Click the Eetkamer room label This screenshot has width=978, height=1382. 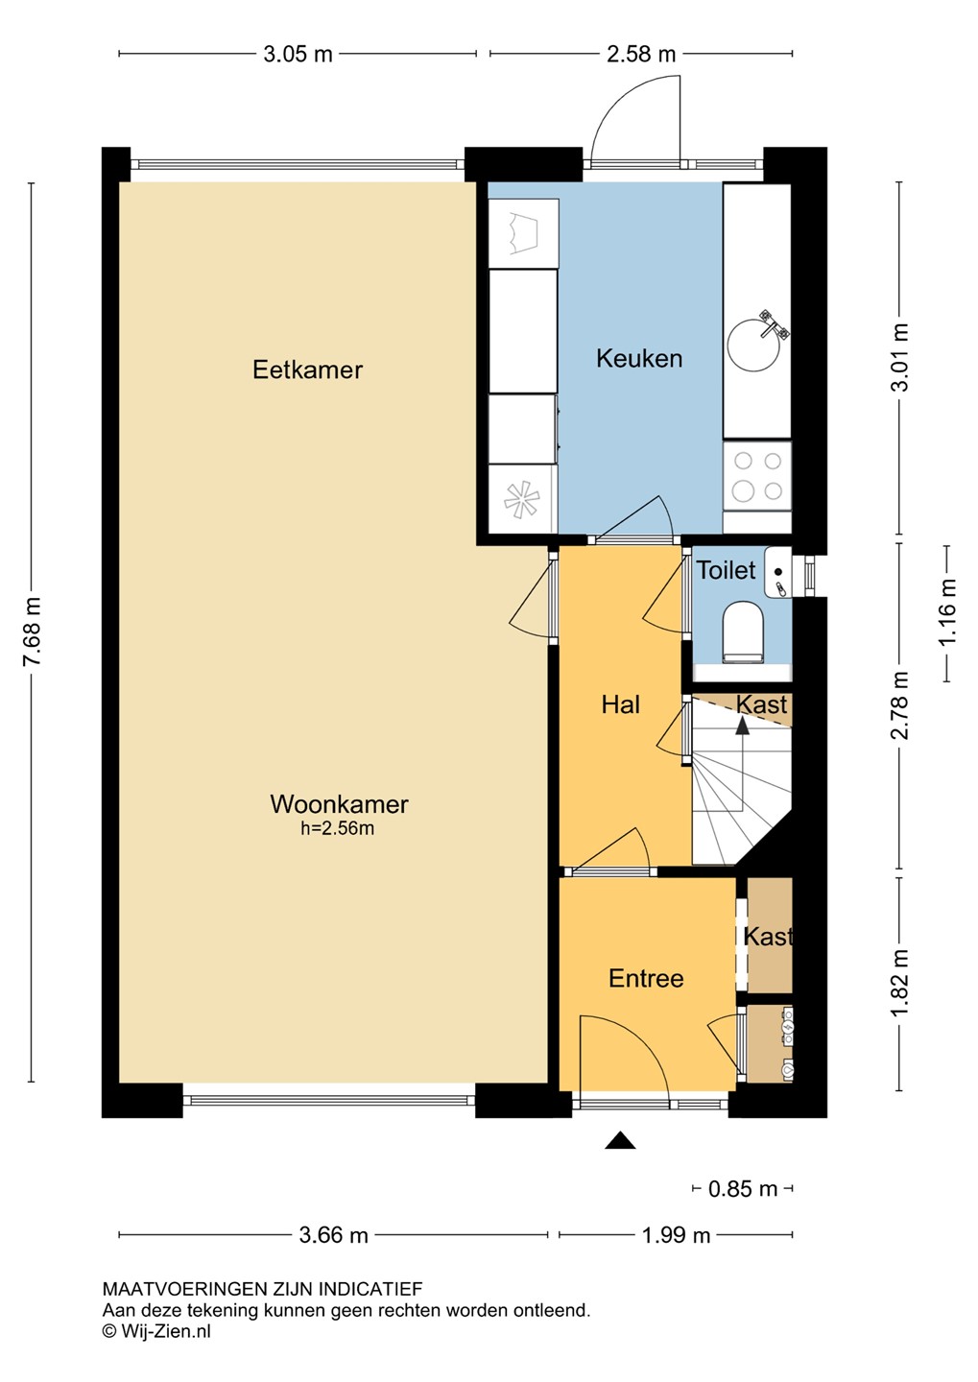pyautogui.click(x=307, y=369)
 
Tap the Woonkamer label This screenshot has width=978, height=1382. pyautogui.click(x=339, y=804)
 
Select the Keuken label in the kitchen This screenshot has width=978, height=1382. pyautogui.click(x=638, y=359)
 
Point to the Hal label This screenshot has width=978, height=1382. pyautogui.click(x=621, y=704)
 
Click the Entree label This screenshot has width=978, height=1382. pyautogui.click(x=646, y=979)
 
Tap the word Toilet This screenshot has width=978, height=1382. pyautogui.click(x=727, y=570)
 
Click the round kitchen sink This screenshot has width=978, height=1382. pyautogui.click(x=753, y=345)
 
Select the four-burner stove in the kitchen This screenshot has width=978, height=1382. pyautogui.click(x=757, y=476)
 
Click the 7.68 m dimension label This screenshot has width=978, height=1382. pyautogui.click(x=33, y=631)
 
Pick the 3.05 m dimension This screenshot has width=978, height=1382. pyautogui.click(x=298, y=55)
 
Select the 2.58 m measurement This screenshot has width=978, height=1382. pyautogui.click(x=641, y=55)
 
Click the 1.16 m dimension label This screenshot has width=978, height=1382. pyautogui.click(x=947, y=612)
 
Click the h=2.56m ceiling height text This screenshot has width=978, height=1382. pyautogui.click(x=338, y=828)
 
